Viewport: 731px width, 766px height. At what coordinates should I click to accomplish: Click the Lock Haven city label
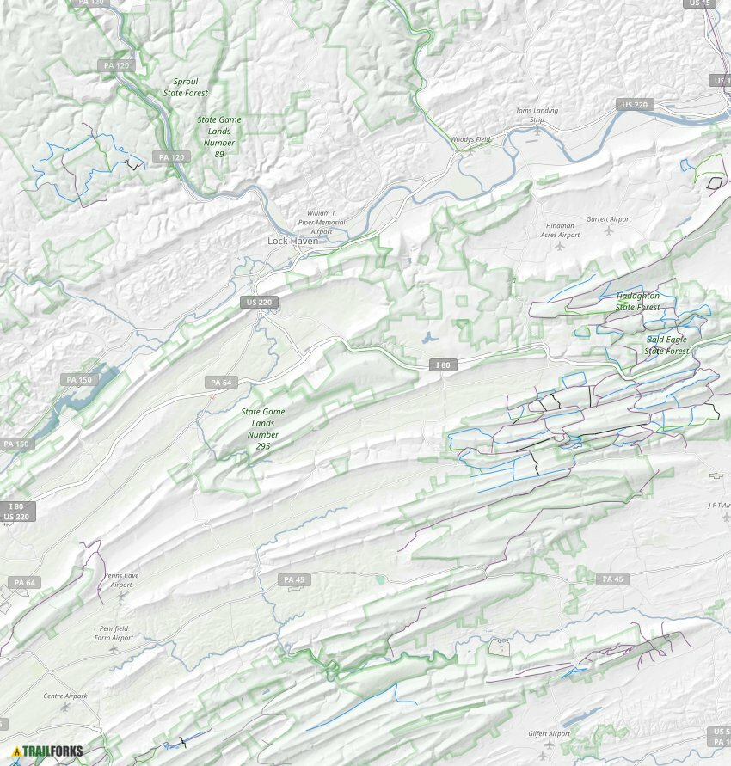coord(292,241)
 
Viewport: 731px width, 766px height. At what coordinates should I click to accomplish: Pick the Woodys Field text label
coord(470,139)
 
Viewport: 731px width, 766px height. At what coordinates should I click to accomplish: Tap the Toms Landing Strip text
coord(537,115)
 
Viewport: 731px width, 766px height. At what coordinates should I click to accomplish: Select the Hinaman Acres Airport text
coord(560,230)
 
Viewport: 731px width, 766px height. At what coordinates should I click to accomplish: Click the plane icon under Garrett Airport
coord(609,230)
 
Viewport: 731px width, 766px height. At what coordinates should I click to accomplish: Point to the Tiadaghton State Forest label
coord(637,302)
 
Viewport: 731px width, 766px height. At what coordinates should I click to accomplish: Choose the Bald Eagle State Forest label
coord(667,345)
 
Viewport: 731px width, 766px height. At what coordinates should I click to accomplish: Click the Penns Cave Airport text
coord(120,579)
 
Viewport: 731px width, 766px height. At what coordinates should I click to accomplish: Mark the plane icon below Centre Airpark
coord(65,707)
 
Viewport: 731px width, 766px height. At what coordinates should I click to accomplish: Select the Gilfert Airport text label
coord(549,734)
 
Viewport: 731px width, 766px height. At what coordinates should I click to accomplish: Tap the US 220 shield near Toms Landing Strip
coord(635,105)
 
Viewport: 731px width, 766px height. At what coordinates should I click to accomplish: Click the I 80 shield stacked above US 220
coord(17,506)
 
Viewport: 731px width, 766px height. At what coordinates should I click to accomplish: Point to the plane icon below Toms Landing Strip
coord(537,132)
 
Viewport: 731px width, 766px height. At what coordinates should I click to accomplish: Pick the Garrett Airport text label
coord(608,219)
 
